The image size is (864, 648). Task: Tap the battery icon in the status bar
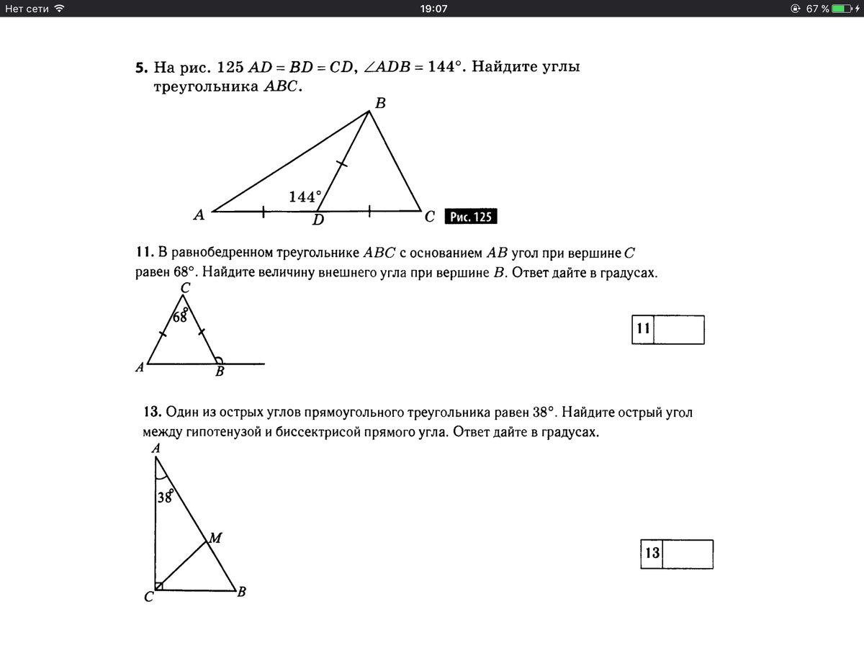tap(842, 9)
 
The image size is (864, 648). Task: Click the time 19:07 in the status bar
tap(433, 9)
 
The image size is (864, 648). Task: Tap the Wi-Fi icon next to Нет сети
tap(59, 9)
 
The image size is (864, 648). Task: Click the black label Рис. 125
tap(472, 217)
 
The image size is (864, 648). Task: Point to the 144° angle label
tap(305, 197)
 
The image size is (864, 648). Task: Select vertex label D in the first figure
tap(318, 220)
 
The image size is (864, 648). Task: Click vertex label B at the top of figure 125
tap(380, 103)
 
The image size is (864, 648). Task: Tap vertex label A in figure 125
tap(199, 214)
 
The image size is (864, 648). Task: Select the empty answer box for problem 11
tap(678, 330)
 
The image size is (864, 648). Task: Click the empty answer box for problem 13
tap(688, 554)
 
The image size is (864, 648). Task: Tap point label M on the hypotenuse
tap(215, 536)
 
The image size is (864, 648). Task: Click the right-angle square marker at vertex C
tap(158, 586)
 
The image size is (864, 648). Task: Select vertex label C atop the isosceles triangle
tap(185, 287)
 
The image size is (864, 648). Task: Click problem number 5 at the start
tap(140, 68)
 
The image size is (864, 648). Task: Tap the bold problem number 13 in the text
tap(151, 413)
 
